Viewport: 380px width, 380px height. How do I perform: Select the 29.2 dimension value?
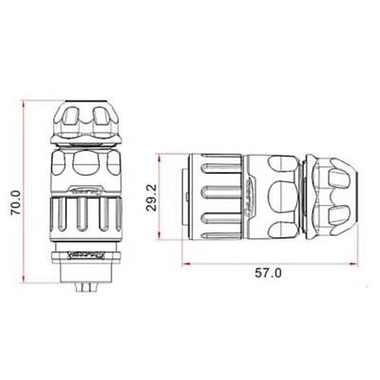[x=152, y=198]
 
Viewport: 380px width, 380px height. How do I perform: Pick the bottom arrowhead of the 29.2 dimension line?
[x=160, y=239]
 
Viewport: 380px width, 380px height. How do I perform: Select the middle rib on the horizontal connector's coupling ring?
[x=220, y=198]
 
